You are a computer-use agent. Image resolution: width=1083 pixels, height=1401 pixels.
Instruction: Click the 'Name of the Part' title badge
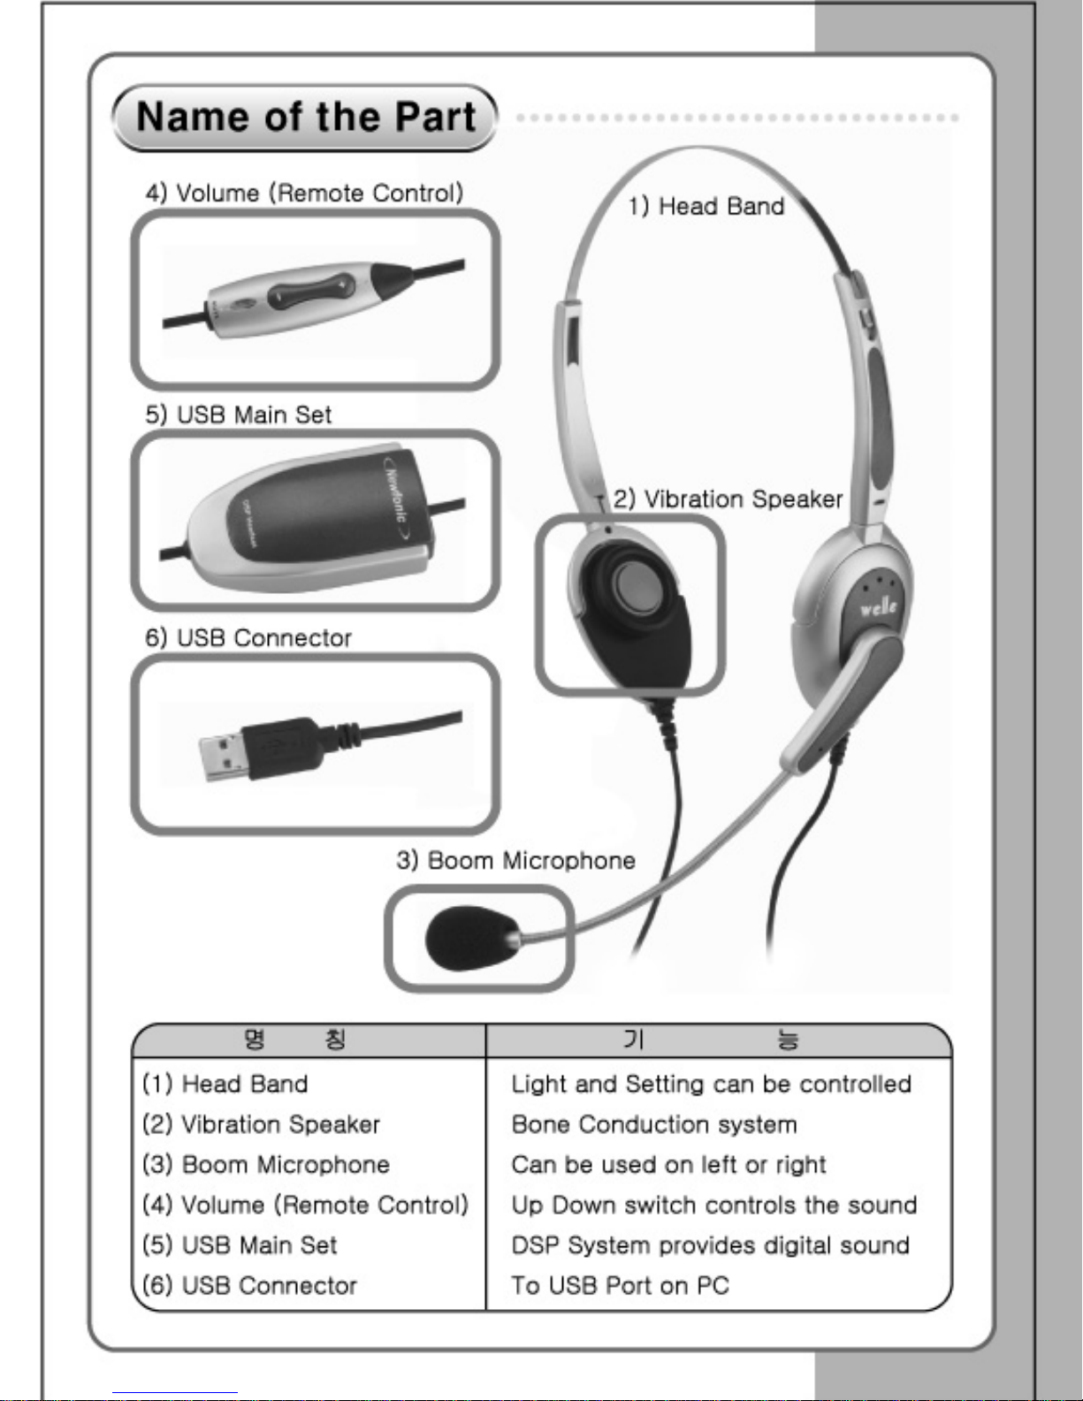305,118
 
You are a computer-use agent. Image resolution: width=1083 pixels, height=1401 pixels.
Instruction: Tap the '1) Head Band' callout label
706,206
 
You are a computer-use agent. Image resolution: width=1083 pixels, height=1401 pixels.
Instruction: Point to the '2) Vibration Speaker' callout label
728,499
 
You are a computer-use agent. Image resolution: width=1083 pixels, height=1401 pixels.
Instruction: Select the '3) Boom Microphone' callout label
515,860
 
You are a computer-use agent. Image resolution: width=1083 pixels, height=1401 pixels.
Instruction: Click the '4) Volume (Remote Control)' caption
304,193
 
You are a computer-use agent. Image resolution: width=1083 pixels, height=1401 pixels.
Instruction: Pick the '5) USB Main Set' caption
239,415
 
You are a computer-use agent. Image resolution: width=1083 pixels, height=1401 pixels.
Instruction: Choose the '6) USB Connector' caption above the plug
248,637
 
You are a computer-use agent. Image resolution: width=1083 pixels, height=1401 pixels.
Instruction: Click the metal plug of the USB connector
223,757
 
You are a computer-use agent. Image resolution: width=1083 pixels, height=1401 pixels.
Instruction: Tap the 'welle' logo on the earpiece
878,606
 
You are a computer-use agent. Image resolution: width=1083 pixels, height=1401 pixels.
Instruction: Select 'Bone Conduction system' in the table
654,1124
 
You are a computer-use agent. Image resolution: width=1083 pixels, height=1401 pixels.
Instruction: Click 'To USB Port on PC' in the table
620,1285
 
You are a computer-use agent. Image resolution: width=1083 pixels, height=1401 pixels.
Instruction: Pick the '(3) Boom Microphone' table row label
266,1164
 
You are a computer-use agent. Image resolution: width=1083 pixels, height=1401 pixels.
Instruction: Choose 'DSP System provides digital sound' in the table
711,1245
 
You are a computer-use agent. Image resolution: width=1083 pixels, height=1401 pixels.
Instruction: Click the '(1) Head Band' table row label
225,1084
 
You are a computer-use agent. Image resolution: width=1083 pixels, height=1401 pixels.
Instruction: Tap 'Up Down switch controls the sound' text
714,1205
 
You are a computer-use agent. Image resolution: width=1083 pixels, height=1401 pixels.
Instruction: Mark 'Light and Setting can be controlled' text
712,1085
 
